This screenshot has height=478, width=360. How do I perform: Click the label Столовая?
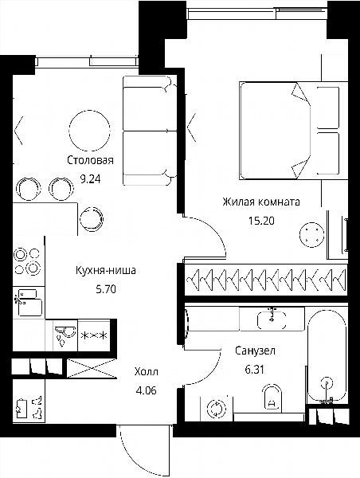[x=90, y=160]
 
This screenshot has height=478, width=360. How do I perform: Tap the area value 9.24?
[x=90, y=179]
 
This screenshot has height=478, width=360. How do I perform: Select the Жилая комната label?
[x=261, y=202]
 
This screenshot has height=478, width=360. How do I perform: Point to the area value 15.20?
[x=261, y=221]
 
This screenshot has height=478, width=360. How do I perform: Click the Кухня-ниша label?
[x=106, y=270]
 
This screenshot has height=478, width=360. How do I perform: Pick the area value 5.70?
[x=106, y=288]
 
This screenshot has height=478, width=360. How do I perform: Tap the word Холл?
[x=147, y=371]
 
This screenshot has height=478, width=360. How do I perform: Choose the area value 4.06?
[x=147, y=390]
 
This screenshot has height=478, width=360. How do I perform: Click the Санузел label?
[x=255, y=351]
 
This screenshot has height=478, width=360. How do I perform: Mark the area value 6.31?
[x=255, y=370]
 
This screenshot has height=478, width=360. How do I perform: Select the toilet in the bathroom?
[x=272, y=398]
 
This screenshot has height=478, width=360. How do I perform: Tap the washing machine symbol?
[x=216, y=409]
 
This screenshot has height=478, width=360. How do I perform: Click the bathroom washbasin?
[x=272, y=320]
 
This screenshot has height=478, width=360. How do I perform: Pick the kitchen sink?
[x=29, y=303]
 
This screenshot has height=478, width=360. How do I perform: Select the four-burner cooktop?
[x=28, y=261]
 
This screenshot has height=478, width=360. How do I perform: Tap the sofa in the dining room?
[x=150, y=131]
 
